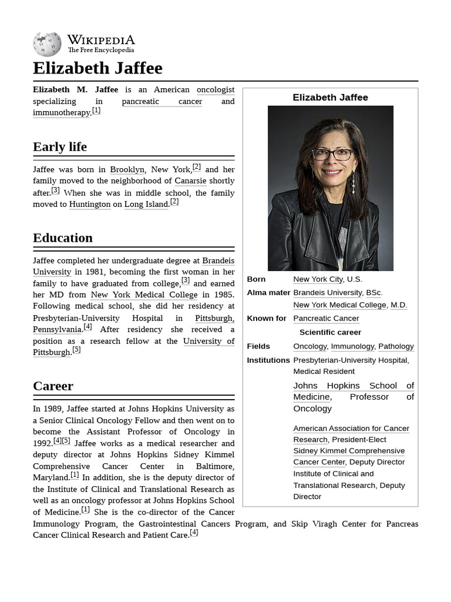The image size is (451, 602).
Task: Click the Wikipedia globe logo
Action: click(x=47, y=44)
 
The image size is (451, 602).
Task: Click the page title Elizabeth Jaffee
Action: click(x=97, y=68)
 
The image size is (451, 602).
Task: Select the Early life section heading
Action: click(x=60, y=146)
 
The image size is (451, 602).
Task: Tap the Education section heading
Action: click(x=63, y=238)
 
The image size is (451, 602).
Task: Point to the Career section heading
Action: click(x=53, y=386)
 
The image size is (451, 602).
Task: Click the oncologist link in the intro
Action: click(x=215, y=90)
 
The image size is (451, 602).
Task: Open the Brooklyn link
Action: click(x=127, y=169)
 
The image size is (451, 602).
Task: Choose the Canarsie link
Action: click(x=190, y=181)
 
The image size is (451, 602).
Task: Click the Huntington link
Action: click(x=89, y=204)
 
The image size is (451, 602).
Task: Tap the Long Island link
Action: click(x=146, y=204)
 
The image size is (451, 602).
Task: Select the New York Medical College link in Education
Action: click(x=144, y=295)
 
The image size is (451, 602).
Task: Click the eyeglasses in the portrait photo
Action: click(x=332, y=155)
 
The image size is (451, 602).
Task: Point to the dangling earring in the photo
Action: click(x=354, y=184)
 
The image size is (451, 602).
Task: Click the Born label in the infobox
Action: click(x=256, y=279)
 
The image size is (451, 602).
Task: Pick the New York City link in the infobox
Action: click(x=318, y=279)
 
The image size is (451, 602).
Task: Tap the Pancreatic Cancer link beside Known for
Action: click(x=326, y=318)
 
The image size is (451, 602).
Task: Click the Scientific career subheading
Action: click(x=330, y=332)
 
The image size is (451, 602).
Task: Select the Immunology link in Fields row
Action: click(x=352, y=346)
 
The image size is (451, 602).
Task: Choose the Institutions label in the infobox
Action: click(x=268, y=360)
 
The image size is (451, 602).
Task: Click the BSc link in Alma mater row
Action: click(x=373, y=292)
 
